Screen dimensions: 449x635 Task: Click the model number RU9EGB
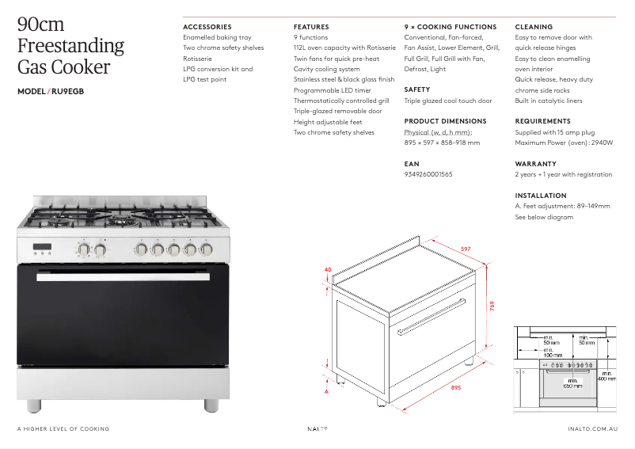pos(67,91)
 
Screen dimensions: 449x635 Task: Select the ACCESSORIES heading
pos(207,27)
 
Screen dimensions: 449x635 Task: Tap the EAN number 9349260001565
pos(428,174)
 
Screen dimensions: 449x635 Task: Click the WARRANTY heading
pos(536,164)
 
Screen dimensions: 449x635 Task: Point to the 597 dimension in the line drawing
pos(466,249)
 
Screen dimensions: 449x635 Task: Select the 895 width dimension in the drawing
pos(456,387)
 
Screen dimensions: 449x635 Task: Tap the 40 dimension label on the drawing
pos(328,270)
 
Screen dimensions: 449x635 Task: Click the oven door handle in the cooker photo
pos(123,276)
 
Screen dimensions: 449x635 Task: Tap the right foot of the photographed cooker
pos(211,404)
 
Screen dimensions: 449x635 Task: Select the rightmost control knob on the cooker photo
pos(207,249)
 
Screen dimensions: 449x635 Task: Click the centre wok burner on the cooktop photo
pos(124,220)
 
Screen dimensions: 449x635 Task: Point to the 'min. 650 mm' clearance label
pos(572,383)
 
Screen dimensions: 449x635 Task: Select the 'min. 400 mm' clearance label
pos(607,376)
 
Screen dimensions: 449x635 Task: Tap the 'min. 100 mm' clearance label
pos(552,352)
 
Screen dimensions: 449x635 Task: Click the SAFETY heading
pos(417,90)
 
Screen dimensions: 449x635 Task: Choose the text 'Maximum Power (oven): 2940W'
pos(564,143)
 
